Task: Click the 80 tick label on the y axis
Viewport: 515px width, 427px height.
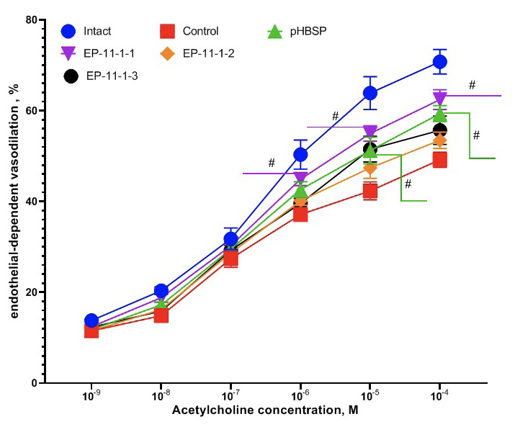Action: (32, 20)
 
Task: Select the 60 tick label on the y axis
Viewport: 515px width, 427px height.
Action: (32, 111)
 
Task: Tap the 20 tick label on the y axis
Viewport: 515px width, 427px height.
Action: (32, 292)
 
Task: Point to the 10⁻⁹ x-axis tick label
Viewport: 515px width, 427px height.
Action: (91, 397)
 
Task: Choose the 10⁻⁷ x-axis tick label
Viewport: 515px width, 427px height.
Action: (230, 397)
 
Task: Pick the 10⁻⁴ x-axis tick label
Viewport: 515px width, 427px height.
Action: (439, 397)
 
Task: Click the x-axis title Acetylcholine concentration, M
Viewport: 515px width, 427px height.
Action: (265, 411)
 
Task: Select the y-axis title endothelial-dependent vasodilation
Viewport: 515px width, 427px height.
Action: (14, 202)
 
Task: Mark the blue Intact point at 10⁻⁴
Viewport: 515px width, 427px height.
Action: (440, 62)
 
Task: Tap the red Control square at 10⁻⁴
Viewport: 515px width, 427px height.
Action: (440, 160)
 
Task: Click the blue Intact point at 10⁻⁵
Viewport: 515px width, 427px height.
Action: (370, 93)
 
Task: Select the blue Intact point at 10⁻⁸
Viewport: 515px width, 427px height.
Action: (161, 291)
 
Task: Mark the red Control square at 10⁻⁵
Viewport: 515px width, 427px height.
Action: (370, 191)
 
